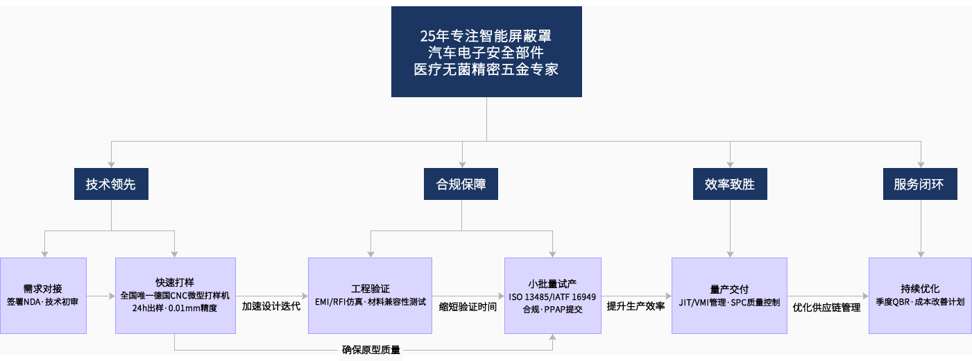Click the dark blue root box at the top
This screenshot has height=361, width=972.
pos(486,52)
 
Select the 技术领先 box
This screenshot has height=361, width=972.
pos(111,185)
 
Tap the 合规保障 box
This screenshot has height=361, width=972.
pos(461,185)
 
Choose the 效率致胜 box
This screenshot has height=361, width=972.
pos(730,185)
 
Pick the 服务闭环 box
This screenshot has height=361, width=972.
pos(919,185)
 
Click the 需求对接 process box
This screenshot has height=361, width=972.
pos(43,296)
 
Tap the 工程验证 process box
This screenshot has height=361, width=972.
pos(370,296)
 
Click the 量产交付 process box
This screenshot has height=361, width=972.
pos(729,296)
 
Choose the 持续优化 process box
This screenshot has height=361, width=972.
pos(920,296)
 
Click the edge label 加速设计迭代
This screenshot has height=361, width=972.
pos(271,305)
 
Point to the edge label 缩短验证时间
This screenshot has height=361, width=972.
pos(468,305)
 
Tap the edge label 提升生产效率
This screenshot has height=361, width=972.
pos(636,305)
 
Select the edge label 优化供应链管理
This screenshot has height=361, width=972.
pos(826,307)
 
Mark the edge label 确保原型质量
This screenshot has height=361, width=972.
pos(371,350)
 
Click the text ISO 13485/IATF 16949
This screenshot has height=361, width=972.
pos(552,296)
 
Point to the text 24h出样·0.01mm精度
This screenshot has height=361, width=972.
pos(175,308)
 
